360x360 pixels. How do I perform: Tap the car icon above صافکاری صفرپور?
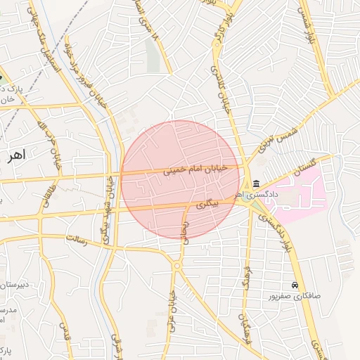[x=295, y=285]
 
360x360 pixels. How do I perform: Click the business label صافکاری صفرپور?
[x=294, y=296]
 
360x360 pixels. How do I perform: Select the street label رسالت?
[x=75, y=240]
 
